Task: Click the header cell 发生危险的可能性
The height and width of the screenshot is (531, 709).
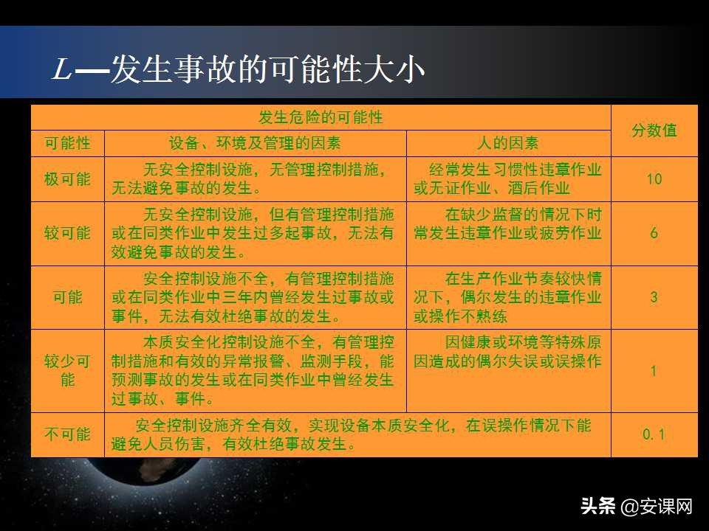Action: [321, 117]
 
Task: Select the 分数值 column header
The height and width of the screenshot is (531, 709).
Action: [654, 131]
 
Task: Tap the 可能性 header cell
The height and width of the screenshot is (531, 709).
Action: [67, 143]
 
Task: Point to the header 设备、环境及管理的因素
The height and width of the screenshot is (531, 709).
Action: [255, 143]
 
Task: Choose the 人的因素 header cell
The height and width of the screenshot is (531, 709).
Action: [508, 143]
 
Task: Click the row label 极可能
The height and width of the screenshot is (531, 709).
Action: [67, 178]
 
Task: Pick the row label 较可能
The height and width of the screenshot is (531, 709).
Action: [67, 233]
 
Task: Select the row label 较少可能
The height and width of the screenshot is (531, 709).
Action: [67, 370]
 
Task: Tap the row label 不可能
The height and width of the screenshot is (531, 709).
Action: [67, 434]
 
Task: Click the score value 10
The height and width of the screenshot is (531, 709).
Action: [654, 178]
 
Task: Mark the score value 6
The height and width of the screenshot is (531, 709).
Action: [654, 233]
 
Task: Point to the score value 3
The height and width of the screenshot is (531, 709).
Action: [654, 297]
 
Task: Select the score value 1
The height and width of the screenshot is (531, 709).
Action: [654, 370]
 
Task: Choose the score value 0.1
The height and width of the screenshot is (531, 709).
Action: [654, 434]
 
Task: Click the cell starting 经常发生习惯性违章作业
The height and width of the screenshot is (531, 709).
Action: [508, 178]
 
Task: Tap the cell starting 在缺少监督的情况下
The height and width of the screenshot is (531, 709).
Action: [508, 224]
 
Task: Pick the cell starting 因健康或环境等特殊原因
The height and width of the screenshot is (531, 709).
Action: [508, 353]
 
